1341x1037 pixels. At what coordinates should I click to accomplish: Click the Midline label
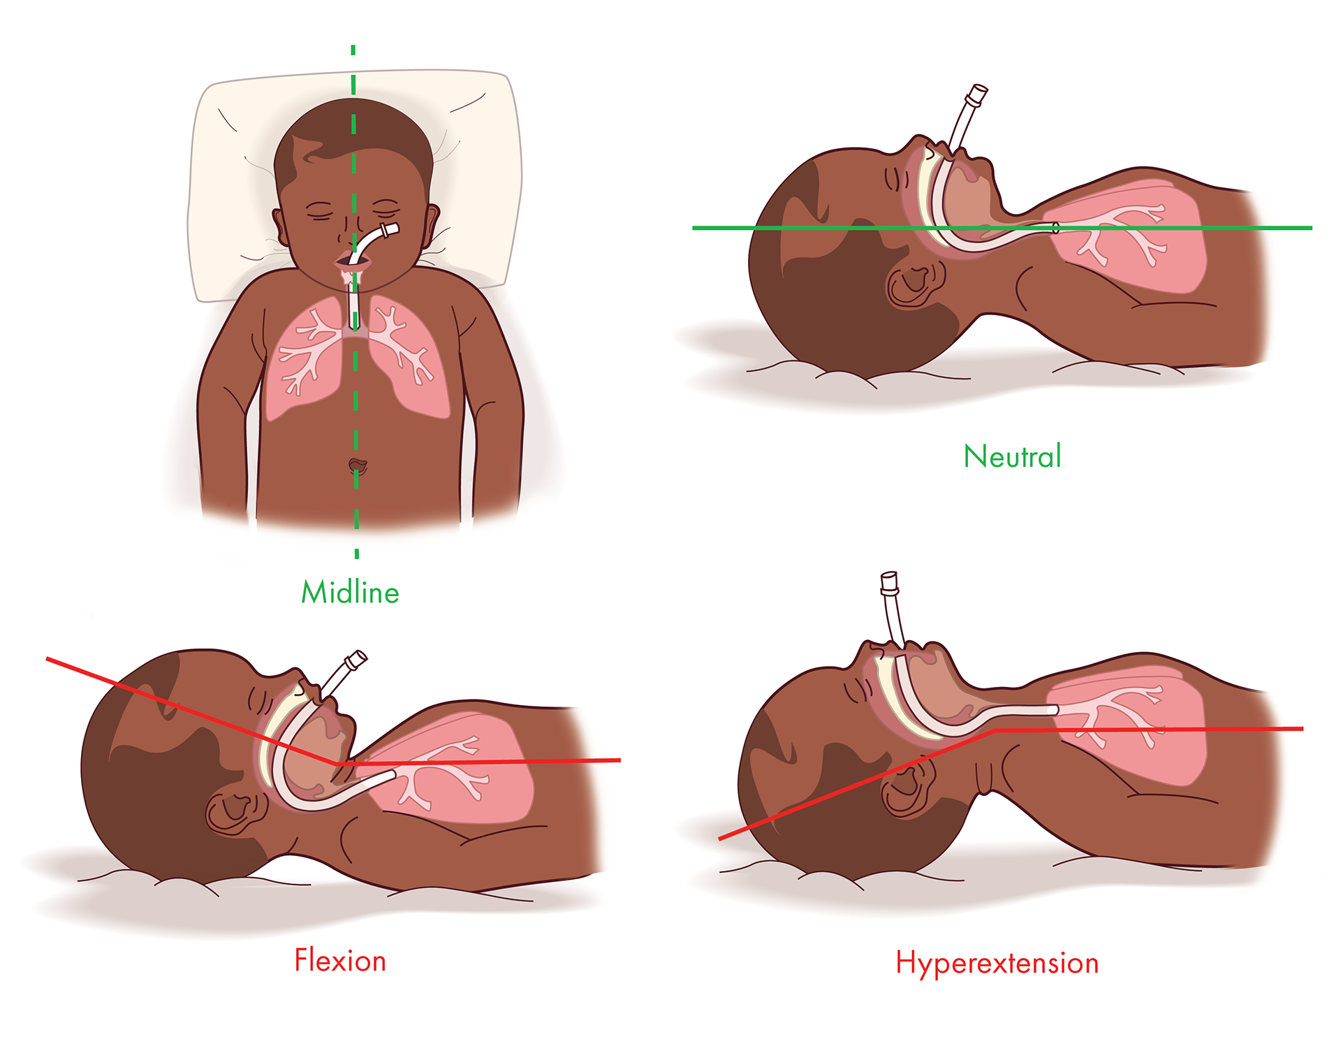click(350, 593)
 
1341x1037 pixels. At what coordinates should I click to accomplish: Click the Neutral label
click(1012, 456)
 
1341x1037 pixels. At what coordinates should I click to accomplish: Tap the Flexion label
click(340, 961)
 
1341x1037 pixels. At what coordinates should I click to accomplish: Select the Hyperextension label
click(997, 963)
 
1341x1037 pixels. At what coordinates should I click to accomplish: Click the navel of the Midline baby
click(357, 465)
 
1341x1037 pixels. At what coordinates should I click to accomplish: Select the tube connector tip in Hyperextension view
click(889, 581)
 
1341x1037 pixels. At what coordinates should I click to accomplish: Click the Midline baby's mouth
click(347, 263)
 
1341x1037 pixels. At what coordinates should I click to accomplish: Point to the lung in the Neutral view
click(1145, 238)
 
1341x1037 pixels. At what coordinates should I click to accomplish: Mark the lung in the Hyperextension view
click(1145, 727)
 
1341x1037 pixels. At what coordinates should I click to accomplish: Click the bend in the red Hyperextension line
click(996, 731)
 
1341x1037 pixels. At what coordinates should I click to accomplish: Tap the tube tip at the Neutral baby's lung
click(1055, 228)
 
